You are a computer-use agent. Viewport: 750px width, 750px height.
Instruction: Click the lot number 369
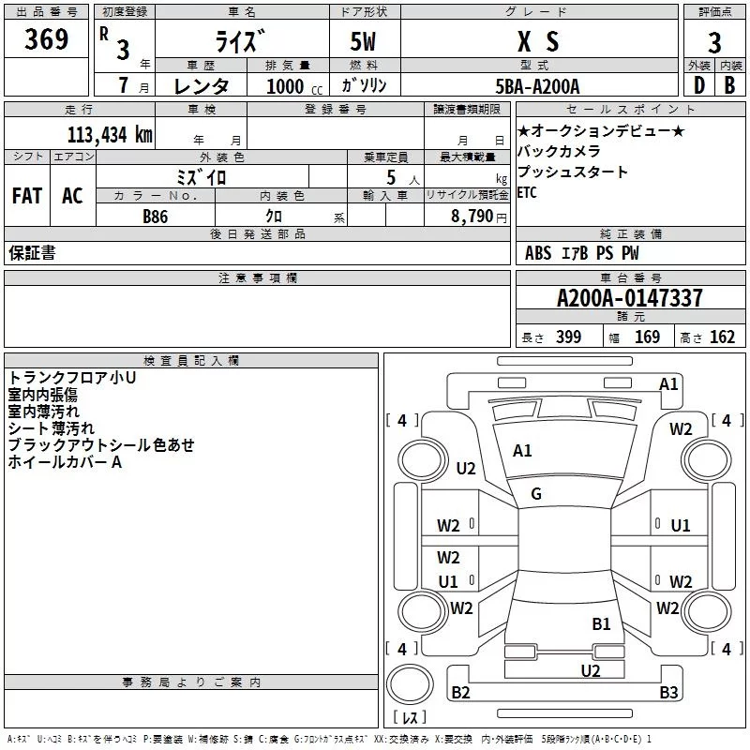coord(46,39)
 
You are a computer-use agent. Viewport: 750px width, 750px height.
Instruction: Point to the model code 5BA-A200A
coord(537,86)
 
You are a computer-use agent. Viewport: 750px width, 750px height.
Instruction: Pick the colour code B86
coord(155,216)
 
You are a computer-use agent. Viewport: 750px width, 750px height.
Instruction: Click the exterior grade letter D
coord(698,86)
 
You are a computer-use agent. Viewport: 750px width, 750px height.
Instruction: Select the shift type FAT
coord(26,195)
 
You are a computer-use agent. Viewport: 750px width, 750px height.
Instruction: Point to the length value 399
coord(566,337)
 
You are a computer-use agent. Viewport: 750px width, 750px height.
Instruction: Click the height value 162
coord(722,337)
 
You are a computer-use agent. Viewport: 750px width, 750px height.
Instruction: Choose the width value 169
coord(647,337)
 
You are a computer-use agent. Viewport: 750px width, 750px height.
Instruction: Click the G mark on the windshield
coord(536,494)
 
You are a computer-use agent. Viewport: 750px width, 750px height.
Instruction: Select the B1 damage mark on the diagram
coord(601,622)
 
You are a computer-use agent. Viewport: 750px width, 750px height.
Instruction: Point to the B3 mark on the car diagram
coord(668,693)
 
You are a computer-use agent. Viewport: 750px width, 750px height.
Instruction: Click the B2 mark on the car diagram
coord(460,693)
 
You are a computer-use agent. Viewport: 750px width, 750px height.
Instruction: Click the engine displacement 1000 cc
coord(286,86)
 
